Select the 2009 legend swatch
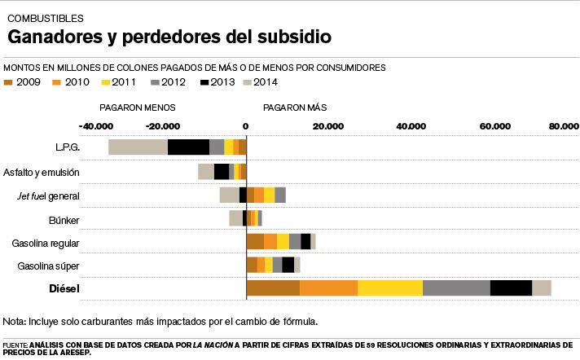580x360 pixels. (x=9, y=82)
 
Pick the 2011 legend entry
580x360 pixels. (x=120, y=82)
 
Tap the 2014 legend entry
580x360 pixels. (x=261, y=82)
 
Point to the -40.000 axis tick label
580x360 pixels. (x=96, y=126)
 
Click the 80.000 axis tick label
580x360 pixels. (x=564, y=126)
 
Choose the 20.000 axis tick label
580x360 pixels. (x=328, y=126)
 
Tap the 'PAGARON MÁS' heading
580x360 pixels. (x=295, y=108)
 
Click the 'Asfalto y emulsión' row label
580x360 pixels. (x=41, y=172)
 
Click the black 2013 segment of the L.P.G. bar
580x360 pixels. (x=188, y=147)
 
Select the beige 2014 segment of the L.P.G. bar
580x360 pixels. (x=138, y=147)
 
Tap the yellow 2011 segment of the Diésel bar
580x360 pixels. (x=390, y=288)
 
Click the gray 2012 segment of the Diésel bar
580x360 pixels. (x=456, y=288)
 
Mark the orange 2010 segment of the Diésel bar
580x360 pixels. (x=328, y=288)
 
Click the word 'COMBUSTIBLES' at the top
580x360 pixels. (x=45, y=17)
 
